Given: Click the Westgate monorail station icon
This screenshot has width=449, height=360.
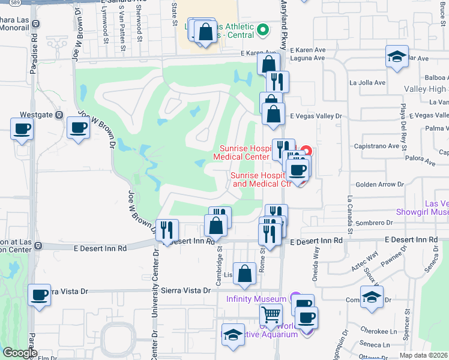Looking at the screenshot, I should click(59, 115).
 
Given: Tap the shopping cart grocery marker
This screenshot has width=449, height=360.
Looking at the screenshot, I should click(271, 314).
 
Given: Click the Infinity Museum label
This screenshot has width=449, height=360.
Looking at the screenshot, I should click(255, 299).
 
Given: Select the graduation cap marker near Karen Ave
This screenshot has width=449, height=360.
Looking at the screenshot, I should click(397, 57).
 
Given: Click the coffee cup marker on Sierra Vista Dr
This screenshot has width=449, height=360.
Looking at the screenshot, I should click(40, 295).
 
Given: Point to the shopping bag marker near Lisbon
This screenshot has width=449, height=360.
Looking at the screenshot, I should click(244, 274).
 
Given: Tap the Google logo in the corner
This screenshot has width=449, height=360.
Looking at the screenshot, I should click(20, 353).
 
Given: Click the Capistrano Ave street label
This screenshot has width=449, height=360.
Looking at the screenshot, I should click(376, 146).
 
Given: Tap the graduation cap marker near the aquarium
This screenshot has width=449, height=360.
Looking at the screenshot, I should click(233, 335).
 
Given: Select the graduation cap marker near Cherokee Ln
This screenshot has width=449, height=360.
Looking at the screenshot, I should click(372, 297).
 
